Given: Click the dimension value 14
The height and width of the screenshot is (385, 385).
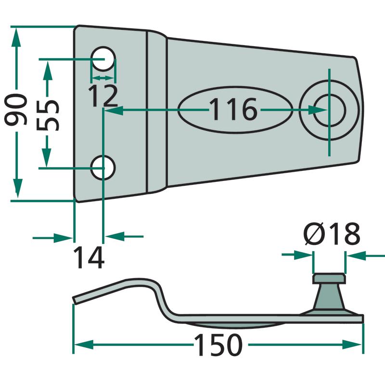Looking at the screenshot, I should (89, 257).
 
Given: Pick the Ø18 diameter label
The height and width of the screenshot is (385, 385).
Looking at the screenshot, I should (332, 235).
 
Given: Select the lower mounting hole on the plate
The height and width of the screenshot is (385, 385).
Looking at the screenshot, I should (103, 167).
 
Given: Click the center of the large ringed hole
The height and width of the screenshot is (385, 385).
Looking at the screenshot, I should (329, 110).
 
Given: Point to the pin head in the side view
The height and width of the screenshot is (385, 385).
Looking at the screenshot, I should (329, 279).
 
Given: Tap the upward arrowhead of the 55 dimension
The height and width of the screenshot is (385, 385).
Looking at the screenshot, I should (47, 68).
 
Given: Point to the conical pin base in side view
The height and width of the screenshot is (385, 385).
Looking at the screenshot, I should (329, 298).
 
